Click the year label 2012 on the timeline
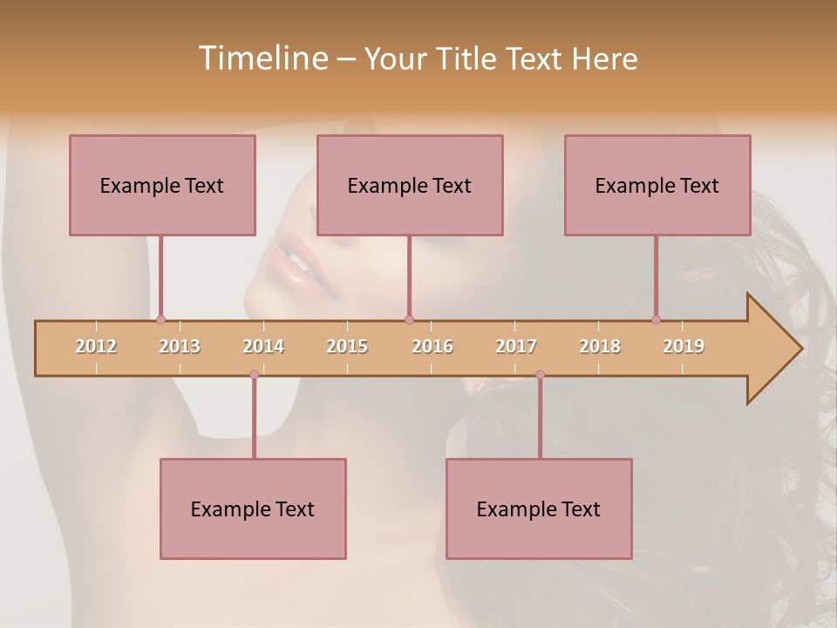[x=96, y=346]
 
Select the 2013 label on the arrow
[x=180, y=346]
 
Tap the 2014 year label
[x=263, y=346]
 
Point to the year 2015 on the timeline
[x=347, y=346]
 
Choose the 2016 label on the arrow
[x=432, y=346]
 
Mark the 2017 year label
[x=516, y=346]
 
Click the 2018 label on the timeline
[x=600, y=346]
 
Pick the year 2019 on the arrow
[x=684, y=346]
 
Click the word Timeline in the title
[x=261, y=58]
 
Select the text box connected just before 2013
[x=162, y=185]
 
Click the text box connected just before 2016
[x=410, y=185]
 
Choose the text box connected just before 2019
[x=657, y=185]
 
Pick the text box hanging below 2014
[x=253, y=509]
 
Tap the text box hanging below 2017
[x=539, y=509]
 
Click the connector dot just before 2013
[x=160, y=319]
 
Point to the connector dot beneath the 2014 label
[x=254, y=375]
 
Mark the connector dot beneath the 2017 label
[x=540, y=375]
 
